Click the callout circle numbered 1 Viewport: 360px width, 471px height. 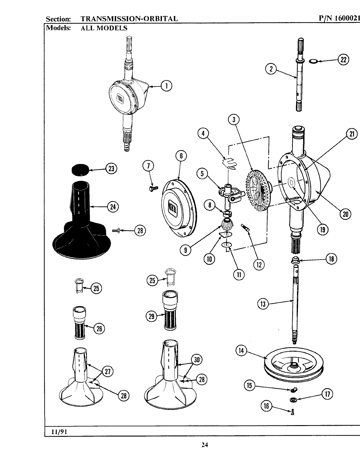tap(166, 86)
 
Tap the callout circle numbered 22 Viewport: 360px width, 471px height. tap(343, 60)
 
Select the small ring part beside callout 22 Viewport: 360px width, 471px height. tap(313, 61)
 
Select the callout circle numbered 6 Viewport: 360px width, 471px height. tap(181, 156)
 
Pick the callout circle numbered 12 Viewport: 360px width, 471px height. tap(259, 264)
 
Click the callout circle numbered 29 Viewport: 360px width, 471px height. tap(152, 316)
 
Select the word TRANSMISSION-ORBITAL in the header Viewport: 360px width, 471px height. tap(129, 19)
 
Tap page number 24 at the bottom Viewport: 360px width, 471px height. tap(204, 445)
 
